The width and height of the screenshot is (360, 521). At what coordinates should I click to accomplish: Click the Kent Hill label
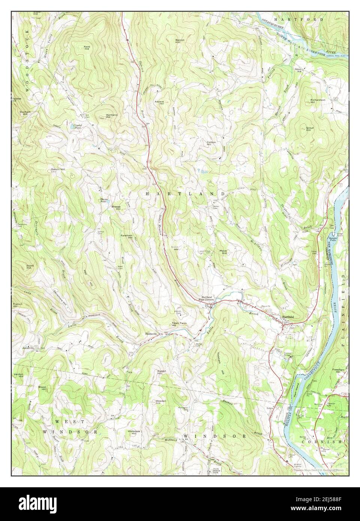(87, 48)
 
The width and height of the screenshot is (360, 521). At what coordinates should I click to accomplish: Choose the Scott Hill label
(30, 267)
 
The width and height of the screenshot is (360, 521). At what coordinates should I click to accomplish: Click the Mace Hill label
(224, 253)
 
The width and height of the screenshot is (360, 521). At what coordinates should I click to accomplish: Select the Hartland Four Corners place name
(206, 298)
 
